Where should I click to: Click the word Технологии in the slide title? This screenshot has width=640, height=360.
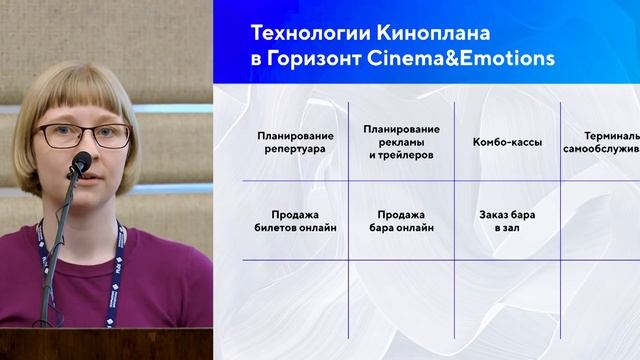pos(303,34)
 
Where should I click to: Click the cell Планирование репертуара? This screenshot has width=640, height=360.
pos(294,142)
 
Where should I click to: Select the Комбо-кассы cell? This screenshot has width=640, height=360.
pos(508,142)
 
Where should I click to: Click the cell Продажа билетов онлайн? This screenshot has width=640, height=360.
pos(294,220)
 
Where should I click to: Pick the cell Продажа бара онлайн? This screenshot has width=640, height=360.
pos(401,220)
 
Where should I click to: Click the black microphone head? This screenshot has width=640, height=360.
pos(80,163)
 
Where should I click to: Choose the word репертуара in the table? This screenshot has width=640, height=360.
pos(294,149)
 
